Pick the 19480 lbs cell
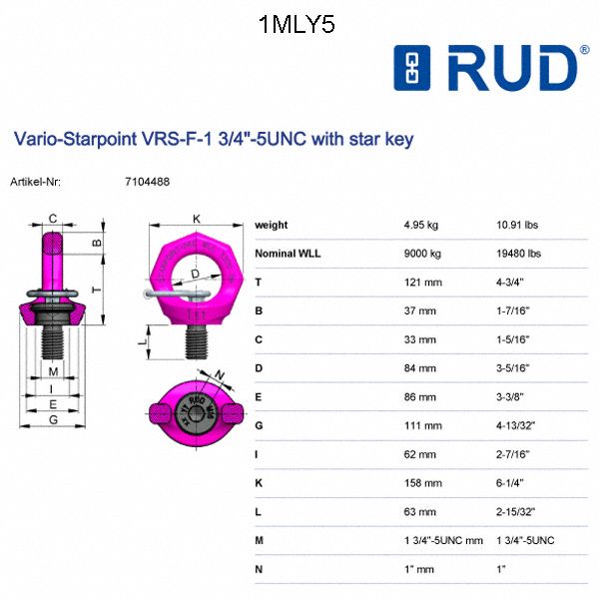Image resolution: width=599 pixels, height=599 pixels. (519, 254)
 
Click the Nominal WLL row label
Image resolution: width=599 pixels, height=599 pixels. (289, 254)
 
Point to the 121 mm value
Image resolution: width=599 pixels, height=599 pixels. (419, 283)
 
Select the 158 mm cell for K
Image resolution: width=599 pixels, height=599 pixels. (419, 483)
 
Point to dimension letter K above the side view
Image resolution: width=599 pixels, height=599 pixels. (197, 219)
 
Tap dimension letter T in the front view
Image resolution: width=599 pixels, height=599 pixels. (96, 289)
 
